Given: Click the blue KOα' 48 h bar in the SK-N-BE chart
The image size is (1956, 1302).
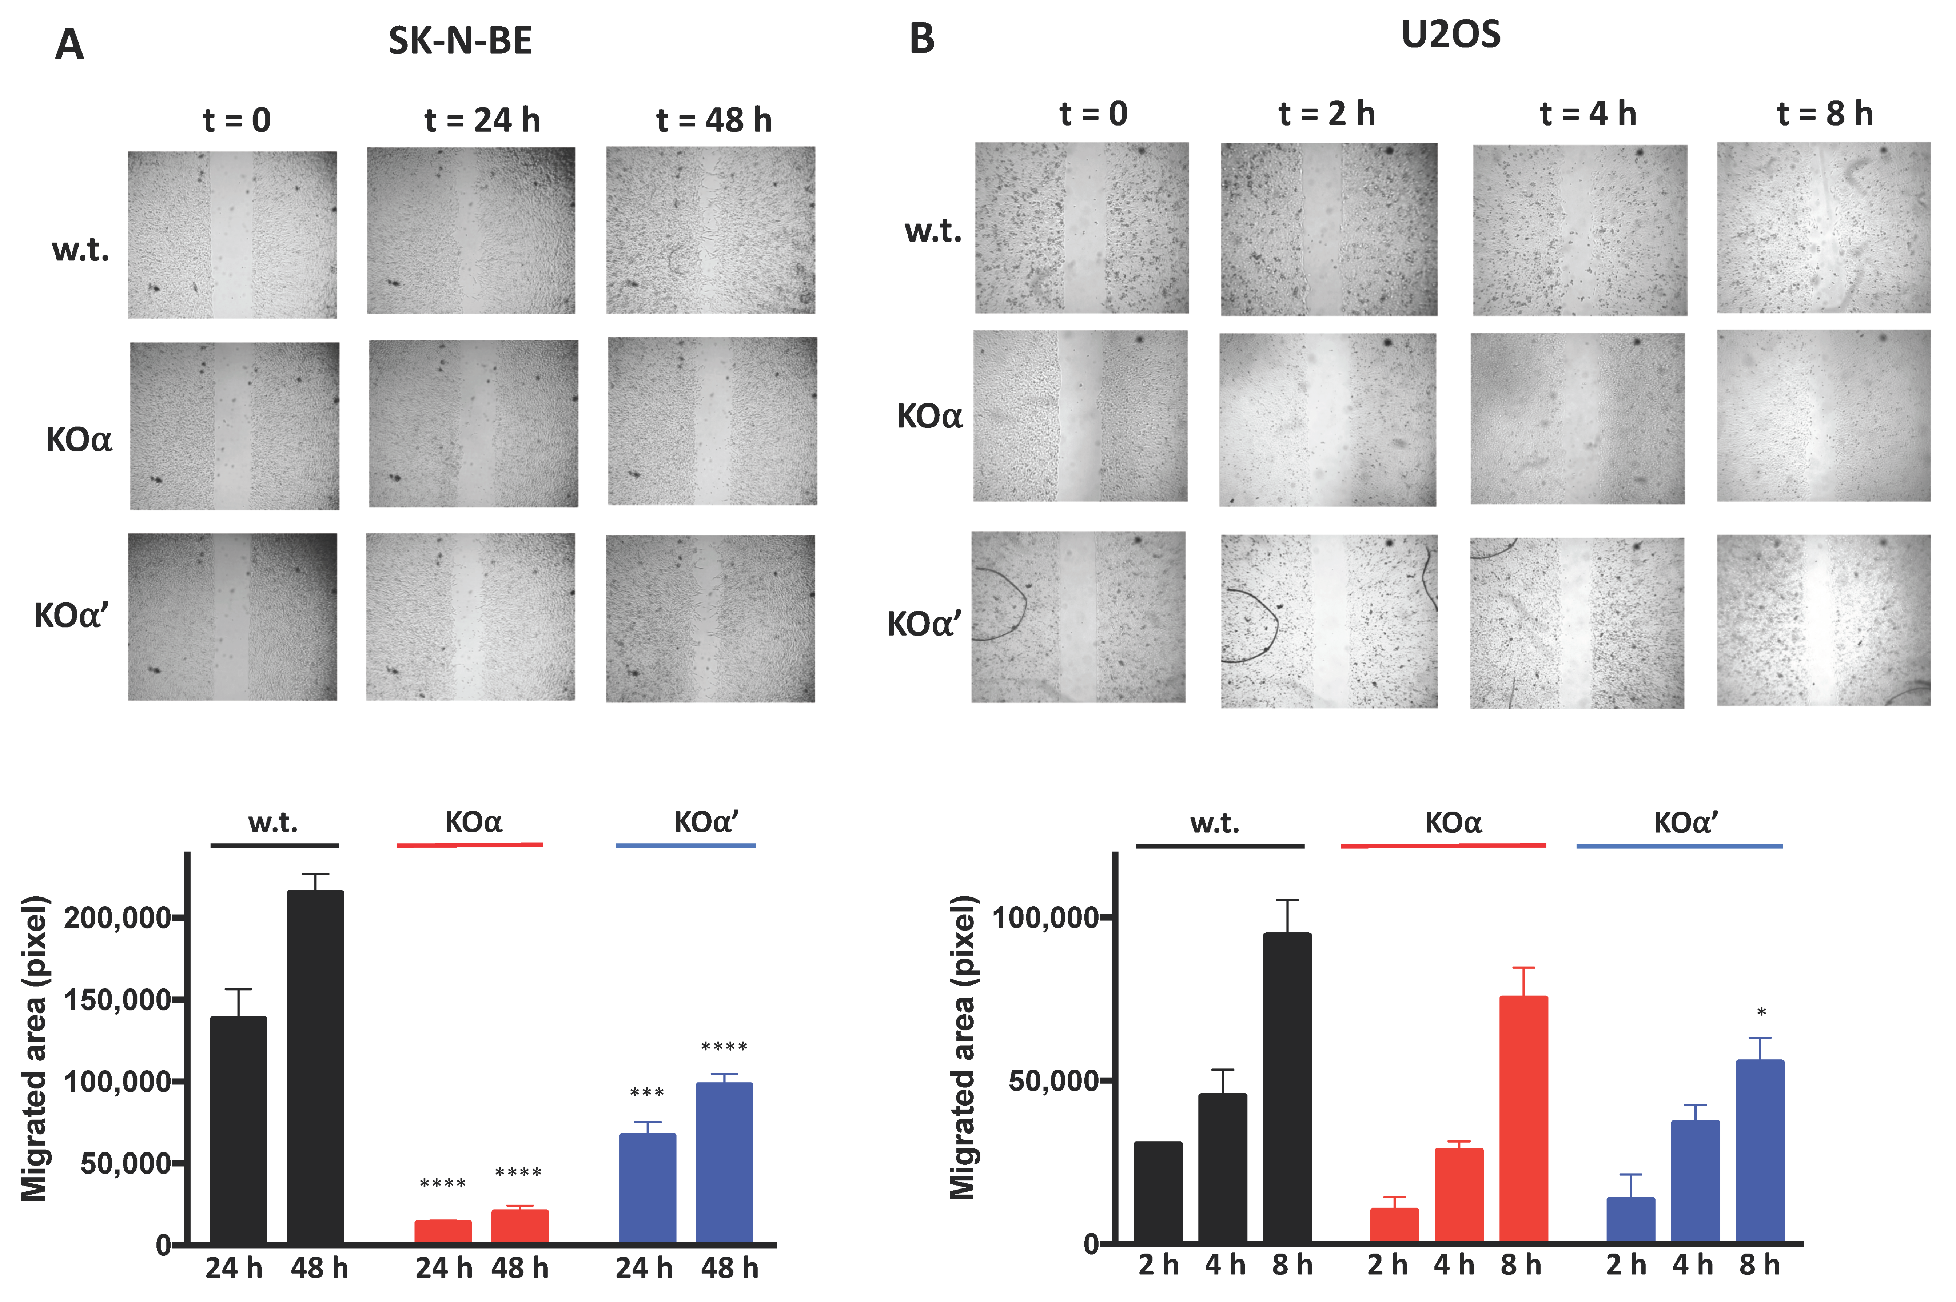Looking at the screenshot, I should [x=724, y=1163].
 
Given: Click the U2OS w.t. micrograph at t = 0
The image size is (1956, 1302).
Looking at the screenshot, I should [x=1081, y=228].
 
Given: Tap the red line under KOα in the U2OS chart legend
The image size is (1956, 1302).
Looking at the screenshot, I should [x=1443, y=845].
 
